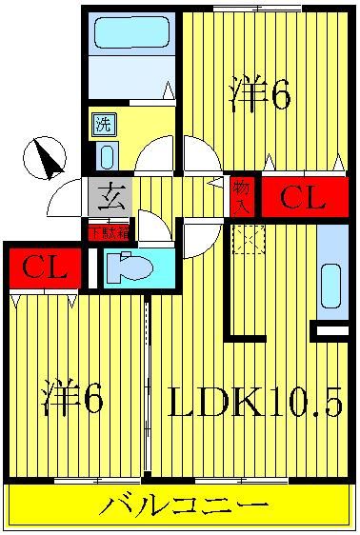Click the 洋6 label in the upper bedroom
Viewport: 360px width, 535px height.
(x=258, y=95)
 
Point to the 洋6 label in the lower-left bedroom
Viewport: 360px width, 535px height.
(x=72, y=400)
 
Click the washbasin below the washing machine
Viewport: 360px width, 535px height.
(x=105, y=155)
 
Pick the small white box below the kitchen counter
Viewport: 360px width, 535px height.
(x=331, y=329)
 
